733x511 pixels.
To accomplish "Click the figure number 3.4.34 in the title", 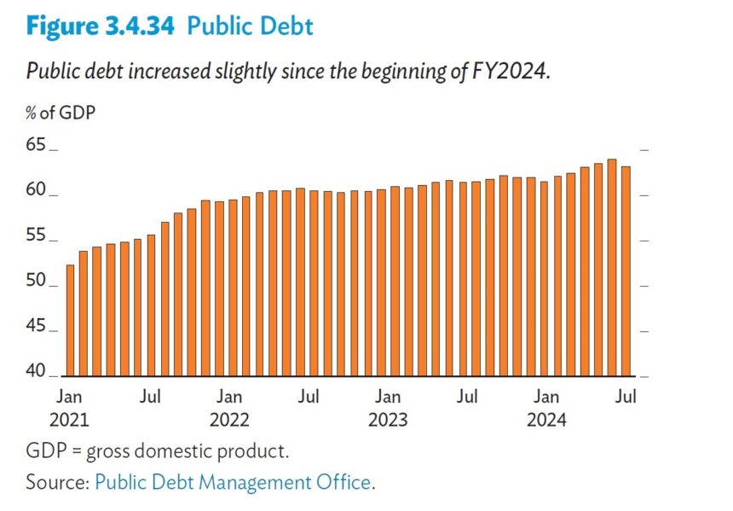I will (x=136, y=26).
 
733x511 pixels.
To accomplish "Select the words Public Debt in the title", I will (x=250, y=26).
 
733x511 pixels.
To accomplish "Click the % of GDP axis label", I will (x=61, y=113).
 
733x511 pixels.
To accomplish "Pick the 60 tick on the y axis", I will (x=37, y=190).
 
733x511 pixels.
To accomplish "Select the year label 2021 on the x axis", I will (x=69, y=420).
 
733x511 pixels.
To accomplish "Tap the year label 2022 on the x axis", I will (x=229, y=420).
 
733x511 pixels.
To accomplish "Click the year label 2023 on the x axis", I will (x=388, y=420).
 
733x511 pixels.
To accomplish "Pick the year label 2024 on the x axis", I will (x=546, y=420).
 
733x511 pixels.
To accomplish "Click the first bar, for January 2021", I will (x=70, y=320).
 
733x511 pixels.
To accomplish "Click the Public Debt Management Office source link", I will (x=233, y=482).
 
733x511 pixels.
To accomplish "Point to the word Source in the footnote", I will (x=55, y=482).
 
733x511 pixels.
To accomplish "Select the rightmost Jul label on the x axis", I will (x=626, y=397).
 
